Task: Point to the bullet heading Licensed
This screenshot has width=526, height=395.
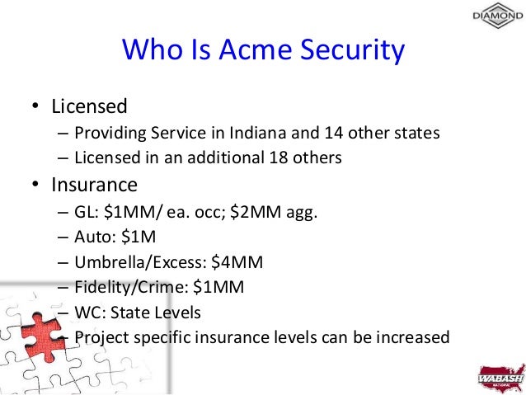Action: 89,106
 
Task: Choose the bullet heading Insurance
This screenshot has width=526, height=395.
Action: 94,182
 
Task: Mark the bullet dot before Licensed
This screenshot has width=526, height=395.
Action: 35,107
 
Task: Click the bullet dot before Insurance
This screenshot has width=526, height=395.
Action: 35,183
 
